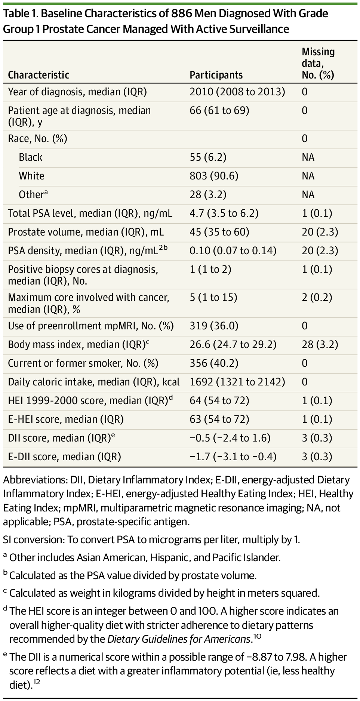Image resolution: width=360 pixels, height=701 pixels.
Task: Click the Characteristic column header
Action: [x=39, y=75]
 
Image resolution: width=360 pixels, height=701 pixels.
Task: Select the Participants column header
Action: [x=216, y=75]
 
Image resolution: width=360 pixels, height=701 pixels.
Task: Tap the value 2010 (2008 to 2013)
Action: [x=237, y=92]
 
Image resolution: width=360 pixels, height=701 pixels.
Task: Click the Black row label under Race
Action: [x=31, y=157]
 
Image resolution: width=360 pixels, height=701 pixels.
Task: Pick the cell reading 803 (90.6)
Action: [x=214, y=176]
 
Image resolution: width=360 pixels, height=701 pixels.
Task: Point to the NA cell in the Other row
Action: [x=308, y=194]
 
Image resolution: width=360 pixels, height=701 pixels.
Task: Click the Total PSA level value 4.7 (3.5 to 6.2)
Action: [x=224, y=213]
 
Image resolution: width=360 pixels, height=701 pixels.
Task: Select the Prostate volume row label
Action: [x=86, y=232]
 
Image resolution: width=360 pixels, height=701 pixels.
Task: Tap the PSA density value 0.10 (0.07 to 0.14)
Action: [x=233, y=250]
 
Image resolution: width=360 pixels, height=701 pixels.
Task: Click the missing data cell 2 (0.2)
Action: [x=317, y=298]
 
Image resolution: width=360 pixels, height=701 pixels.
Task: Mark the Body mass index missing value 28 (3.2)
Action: [x=320, y=344]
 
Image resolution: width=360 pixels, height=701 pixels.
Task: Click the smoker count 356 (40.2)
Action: [x=214, y=363]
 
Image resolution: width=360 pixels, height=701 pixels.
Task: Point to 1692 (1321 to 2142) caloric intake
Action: [x=237, y=382]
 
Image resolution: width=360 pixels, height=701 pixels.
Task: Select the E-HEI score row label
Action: [x=66, y=419]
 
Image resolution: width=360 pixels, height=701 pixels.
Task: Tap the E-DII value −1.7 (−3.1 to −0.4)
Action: [x=233, y=456]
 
